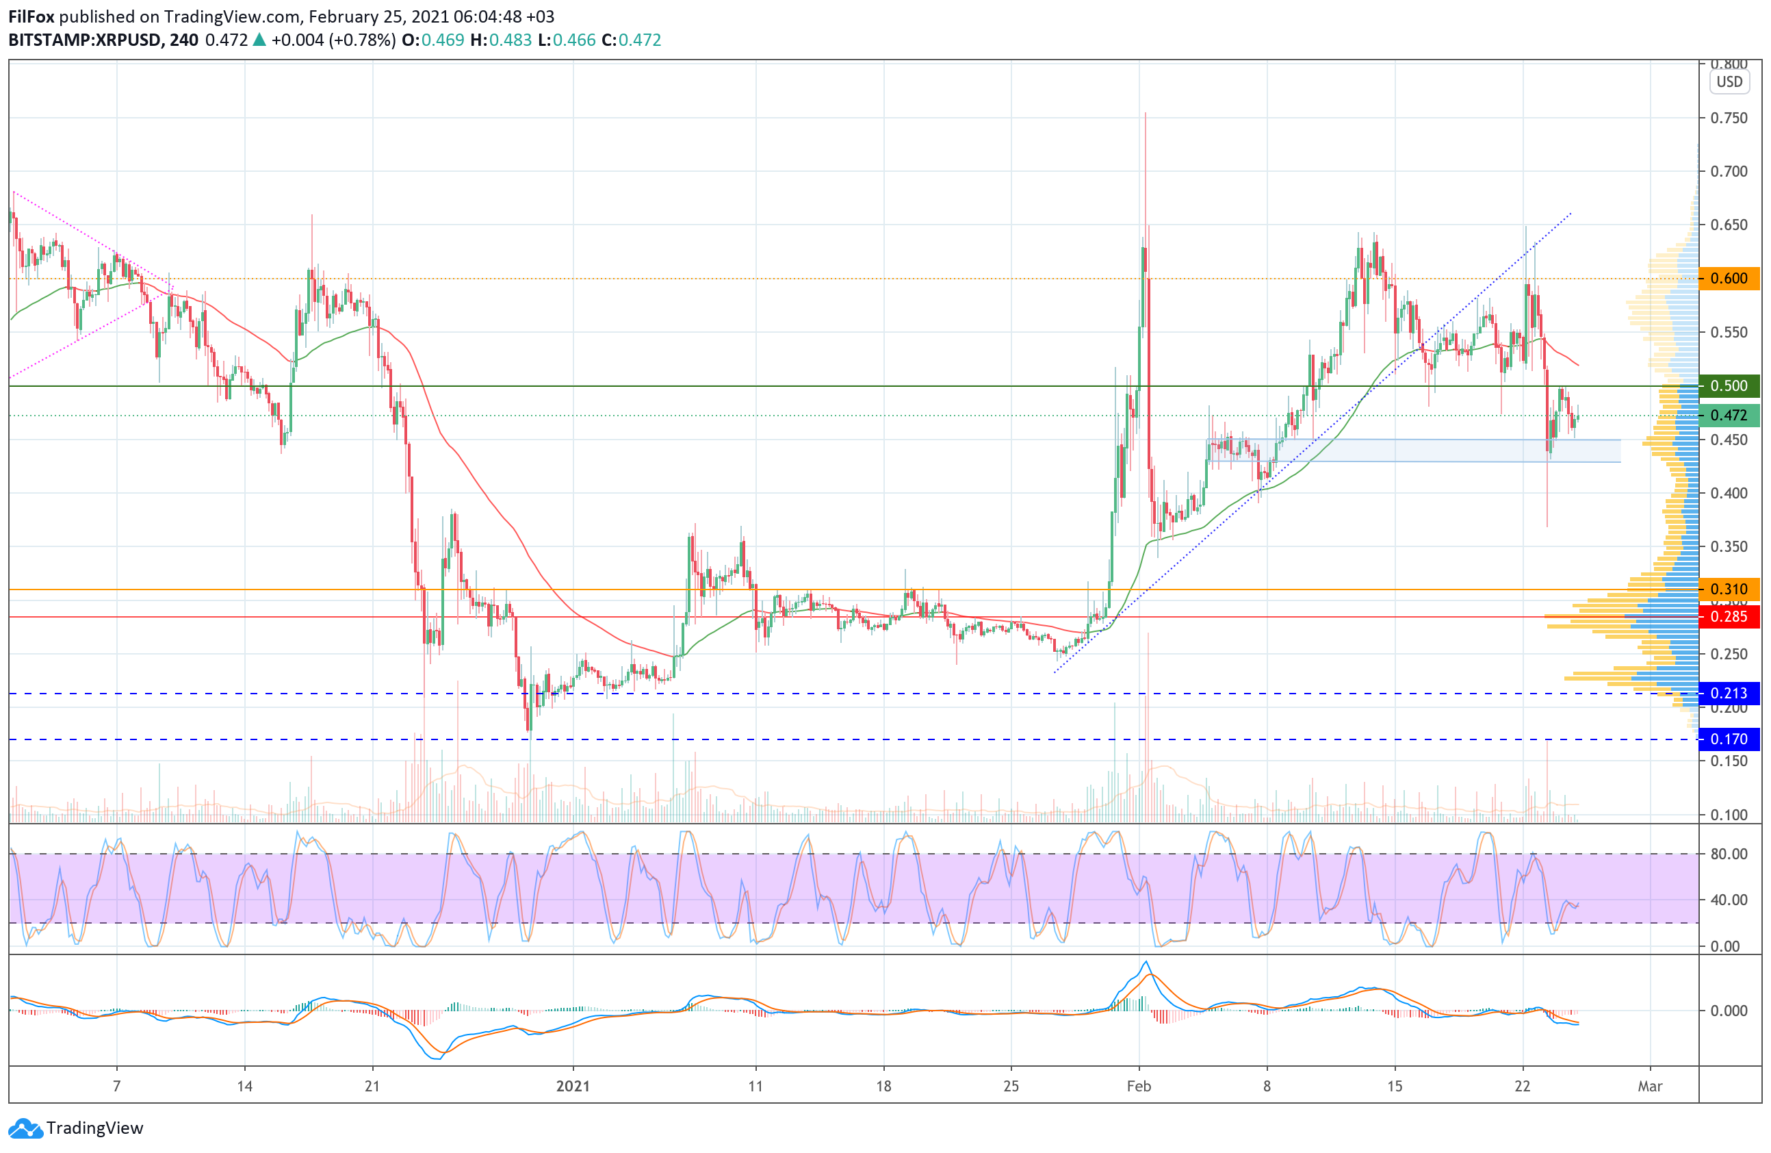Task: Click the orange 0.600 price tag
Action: pos(1729,279)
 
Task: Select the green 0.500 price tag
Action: pos(1729,385)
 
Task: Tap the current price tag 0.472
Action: pos(1729,416)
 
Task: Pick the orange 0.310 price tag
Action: pos(1729,590)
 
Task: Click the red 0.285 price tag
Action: pos(1729,616)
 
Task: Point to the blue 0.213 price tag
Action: pos(1729,694)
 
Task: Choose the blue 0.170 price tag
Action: pos(1729,739)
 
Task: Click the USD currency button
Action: pos(1729,82)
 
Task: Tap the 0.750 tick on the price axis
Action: pos(1729,118)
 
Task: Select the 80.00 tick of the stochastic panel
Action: pos(1729,854)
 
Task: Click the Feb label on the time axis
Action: pos(1139,1086)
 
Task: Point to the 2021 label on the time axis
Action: pos(573,1086)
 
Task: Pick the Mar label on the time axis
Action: pos(1650,1086)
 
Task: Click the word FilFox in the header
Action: pos(31,16)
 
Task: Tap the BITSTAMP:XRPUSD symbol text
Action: pos(84,40)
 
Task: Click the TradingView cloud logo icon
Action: pos(25,1128)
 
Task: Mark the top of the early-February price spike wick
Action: pos(1146,113)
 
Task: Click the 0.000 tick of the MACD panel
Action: pos(1729,1010)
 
